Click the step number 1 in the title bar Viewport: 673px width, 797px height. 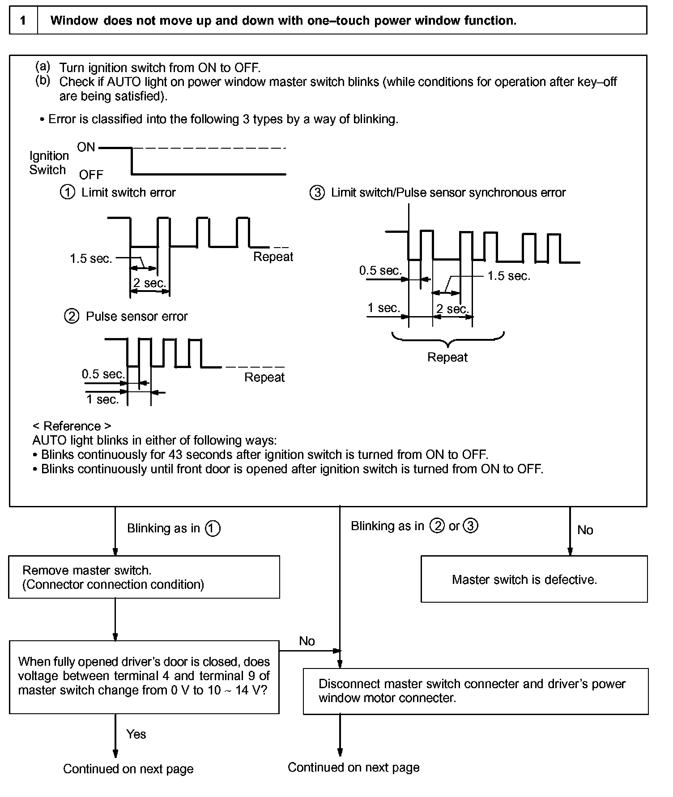tap(23, 21)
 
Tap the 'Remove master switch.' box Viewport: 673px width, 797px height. tap(144, 577)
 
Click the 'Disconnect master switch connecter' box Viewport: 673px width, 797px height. tap(475, 691)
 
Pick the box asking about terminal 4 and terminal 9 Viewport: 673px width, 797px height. tap(144, 676)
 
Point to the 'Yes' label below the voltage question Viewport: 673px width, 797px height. tap(136, 734)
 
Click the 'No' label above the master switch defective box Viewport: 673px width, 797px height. tap(585, 530)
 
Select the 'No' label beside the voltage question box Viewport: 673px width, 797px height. tap(307, 641)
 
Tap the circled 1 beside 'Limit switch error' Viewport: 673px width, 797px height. tap(68, 193)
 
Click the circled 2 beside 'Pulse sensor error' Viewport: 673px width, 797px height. tap(72, 317)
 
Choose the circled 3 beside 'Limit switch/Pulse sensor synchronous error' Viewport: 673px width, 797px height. tap(317, 193)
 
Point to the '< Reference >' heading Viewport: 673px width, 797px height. tap(72, 426)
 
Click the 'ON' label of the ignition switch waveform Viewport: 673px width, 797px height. tap(86, 147)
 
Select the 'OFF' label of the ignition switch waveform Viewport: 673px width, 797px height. tap(91, 175)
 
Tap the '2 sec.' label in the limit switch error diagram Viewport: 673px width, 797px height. tap(149, 283)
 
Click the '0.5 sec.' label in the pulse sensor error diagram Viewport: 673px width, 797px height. tap(103, 374)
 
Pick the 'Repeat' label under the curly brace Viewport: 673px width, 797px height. tap(447, 357)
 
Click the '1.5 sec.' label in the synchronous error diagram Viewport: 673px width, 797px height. tap(509, 276)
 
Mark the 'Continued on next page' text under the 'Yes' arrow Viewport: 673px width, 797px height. tap(128, 769)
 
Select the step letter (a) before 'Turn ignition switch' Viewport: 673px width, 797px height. tap(43, 67)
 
